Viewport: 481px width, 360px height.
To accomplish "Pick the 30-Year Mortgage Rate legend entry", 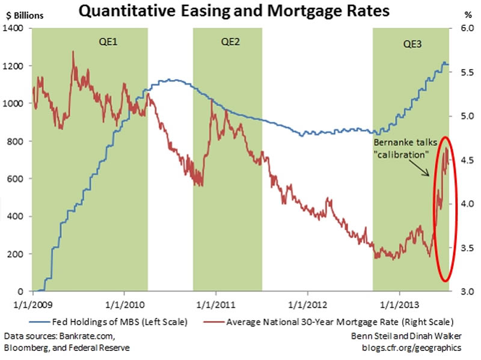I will point(340,322).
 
